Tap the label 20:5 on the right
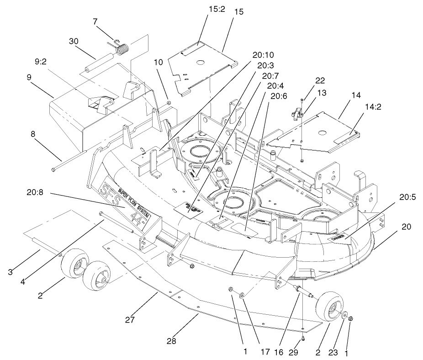(408, 198)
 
